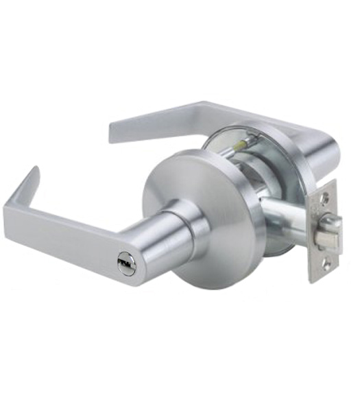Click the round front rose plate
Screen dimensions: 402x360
(206, 185)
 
